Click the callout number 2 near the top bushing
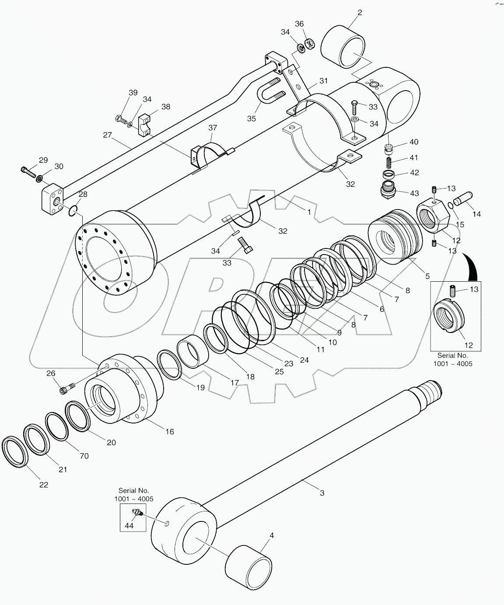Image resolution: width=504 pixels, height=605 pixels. [x=360, y=13]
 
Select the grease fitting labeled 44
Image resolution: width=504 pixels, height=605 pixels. [x=136, y=512]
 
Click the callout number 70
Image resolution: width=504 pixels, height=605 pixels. [x=84, y=456]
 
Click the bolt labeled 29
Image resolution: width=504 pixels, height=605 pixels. [x=28, y=171]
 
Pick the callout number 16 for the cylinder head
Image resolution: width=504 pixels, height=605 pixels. [x=170, y=432]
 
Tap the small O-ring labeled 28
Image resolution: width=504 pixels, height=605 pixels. [x=73, y=211]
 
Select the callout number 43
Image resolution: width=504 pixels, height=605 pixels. [x=414, y=193]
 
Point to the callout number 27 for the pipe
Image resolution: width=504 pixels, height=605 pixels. [x=108, y=135]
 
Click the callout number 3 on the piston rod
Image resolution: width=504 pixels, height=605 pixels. [x=322, y=493]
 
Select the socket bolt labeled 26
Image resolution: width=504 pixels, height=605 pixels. [x=66, y=387]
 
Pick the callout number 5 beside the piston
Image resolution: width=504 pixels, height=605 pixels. [x=427, y=276]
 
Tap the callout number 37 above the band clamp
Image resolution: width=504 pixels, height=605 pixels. [x=213, y=128]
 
